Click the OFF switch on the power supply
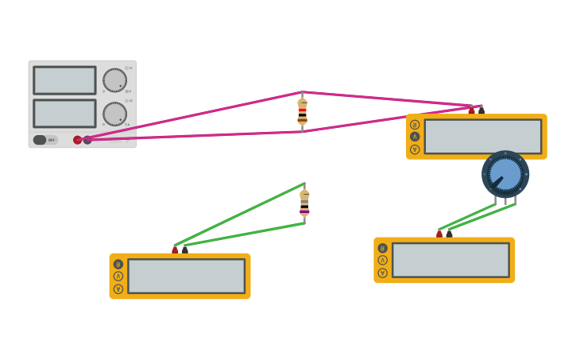(x=45, y=140)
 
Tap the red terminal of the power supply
(x=77, y=140)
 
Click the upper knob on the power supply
(x=114, y=80)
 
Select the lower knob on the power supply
(x=114, y=114)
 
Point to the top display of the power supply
(x=64, y=80)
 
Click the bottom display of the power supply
(x=64, y=114)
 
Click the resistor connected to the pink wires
(x=302, y=112)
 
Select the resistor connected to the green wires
(x=304, y=203)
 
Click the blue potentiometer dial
(x=505, y=174)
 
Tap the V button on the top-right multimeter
(x=415, y=149)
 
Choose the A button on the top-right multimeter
(x=415, y=137)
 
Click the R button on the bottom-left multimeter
(x=118, y=264)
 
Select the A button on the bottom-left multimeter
(x=118, y=277)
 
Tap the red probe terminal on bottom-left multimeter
(x=175, y=250)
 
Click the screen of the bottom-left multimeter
(x=186, y=276)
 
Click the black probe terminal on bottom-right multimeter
(x=450, y=234)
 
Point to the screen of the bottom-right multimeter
(x=450, y=260)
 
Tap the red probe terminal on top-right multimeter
(x=471, y=110)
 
